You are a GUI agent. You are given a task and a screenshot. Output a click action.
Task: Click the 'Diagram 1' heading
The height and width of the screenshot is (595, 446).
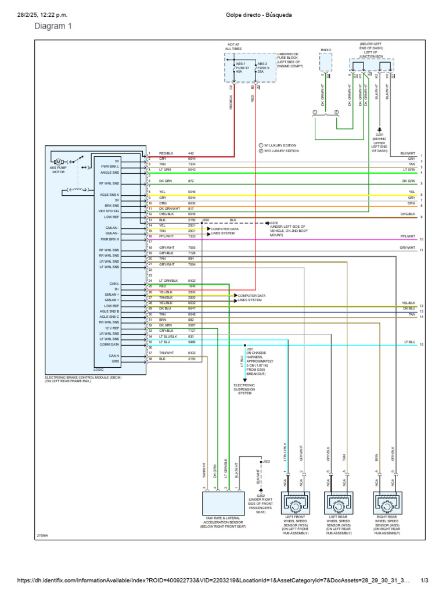tap(53, 26)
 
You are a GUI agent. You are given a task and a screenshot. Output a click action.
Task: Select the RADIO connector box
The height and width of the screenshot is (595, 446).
tap(326, 63)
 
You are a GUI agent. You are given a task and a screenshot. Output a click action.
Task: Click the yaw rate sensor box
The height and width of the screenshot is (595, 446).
tap(224, 503)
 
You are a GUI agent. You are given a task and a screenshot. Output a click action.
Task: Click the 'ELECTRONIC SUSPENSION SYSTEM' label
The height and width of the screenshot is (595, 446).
tap(244, 389)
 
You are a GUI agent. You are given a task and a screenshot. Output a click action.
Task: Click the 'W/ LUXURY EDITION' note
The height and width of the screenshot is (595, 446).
tap(281, 145)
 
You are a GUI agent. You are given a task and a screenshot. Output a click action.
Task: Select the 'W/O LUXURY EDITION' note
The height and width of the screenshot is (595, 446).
tap(282, 150)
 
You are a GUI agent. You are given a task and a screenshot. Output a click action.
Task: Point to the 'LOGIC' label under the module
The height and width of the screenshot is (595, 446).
tap(98, 369)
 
